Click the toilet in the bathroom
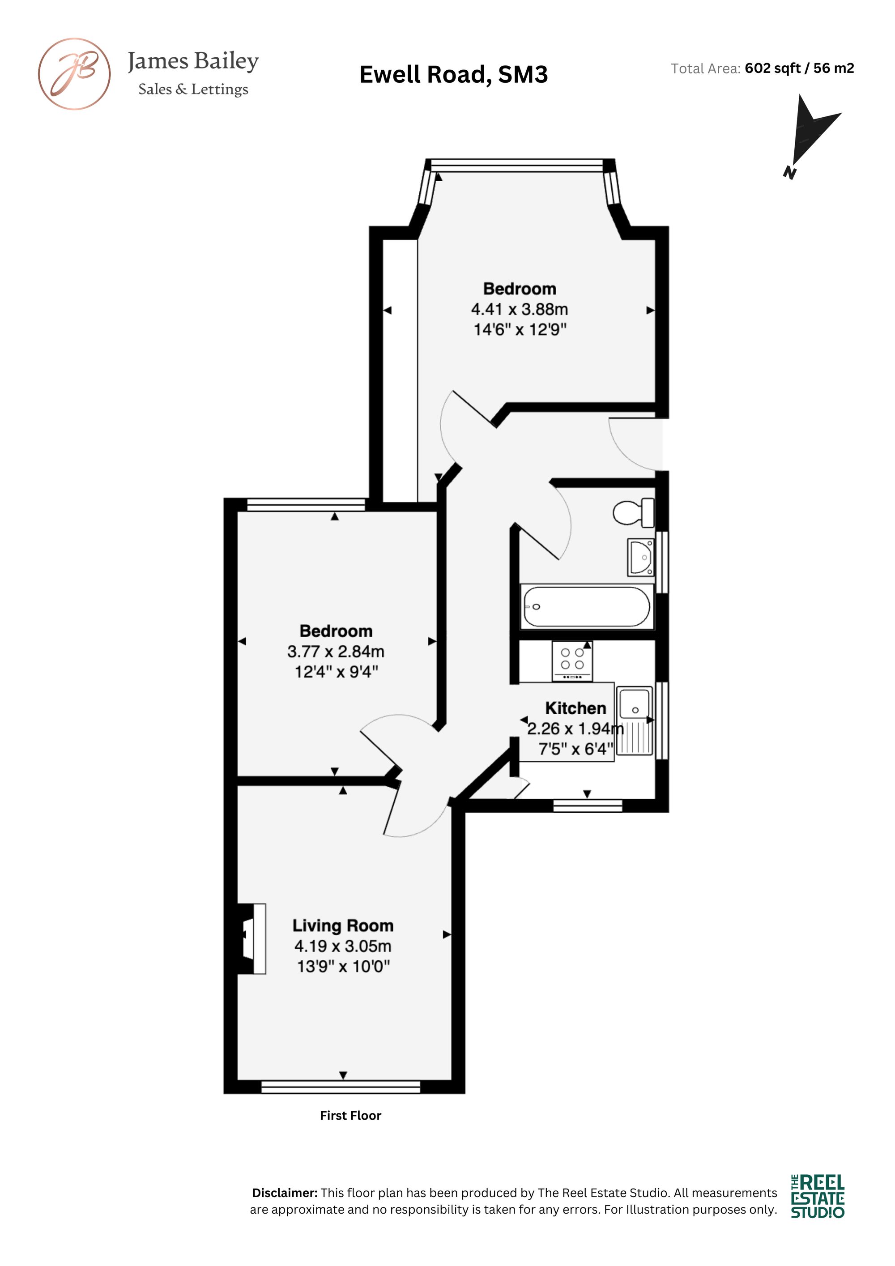click(634, 512)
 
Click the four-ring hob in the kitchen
click(572, 661)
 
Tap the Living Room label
click(343, 925)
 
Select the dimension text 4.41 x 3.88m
click(519, 309)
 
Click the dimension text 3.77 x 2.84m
click(335, 652)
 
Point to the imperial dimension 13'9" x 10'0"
click(343, 967)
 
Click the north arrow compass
click(810, 136)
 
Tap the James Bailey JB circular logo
click(74, 74)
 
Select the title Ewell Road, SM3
click(453, 74)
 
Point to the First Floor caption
click(351, 1116)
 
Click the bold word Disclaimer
click(285, 1193)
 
